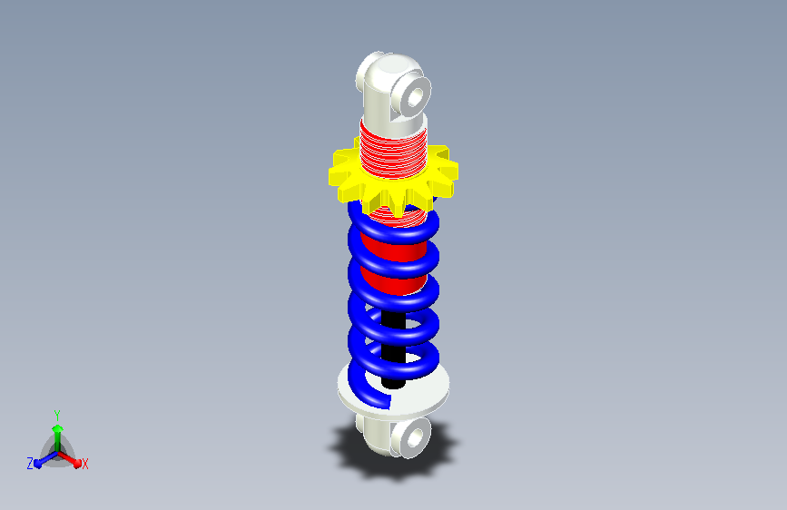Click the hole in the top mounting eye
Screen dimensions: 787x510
417,95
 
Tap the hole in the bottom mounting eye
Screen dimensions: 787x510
416,437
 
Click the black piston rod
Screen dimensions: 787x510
393,351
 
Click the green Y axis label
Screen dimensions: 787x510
57,416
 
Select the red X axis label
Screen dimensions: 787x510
84,465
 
